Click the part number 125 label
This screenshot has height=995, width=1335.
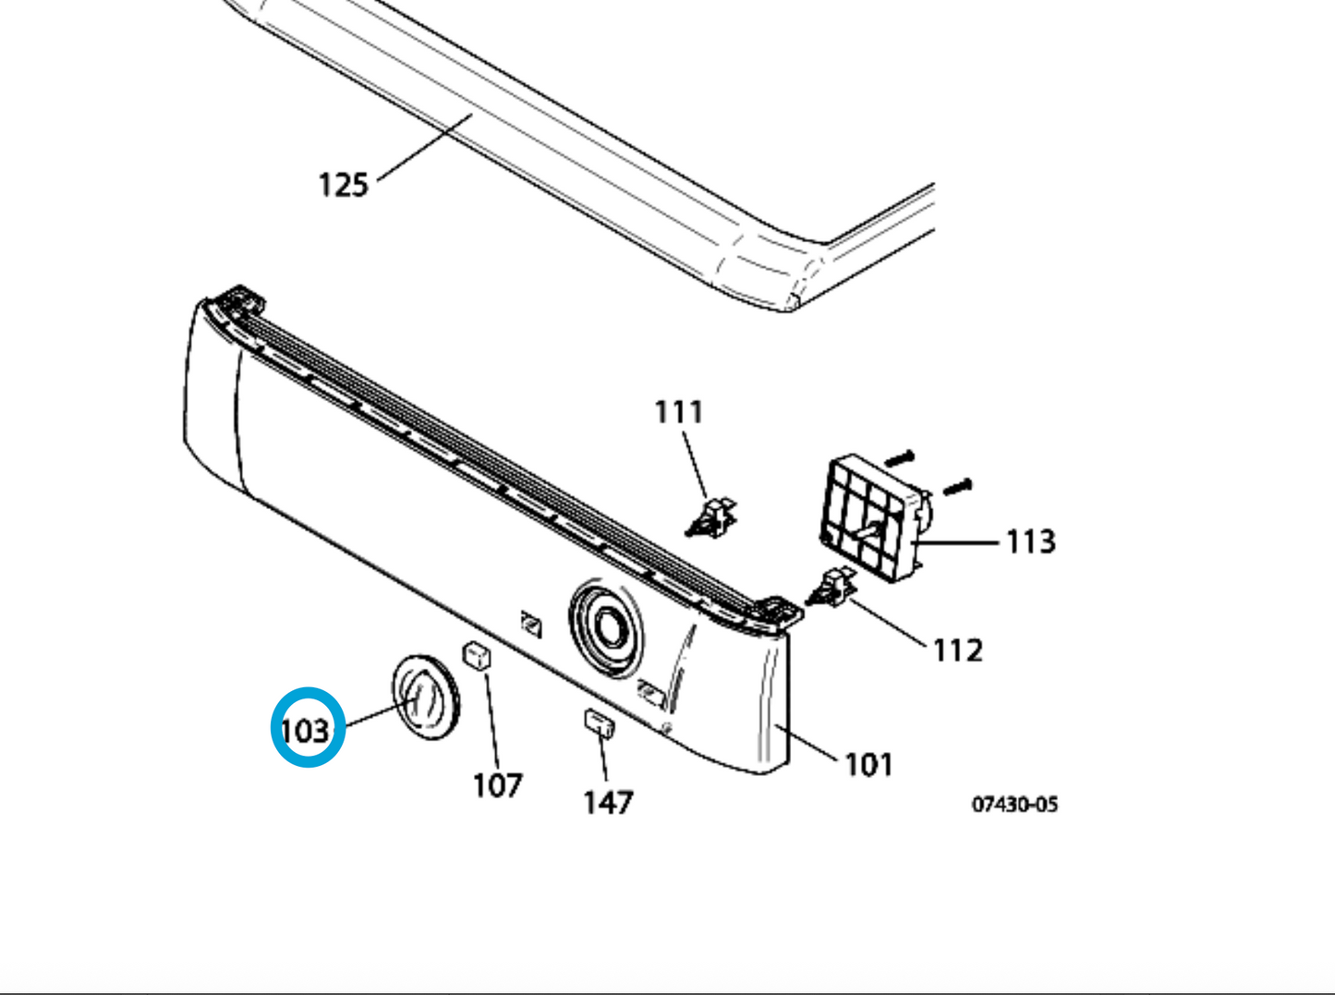[x=343, y=185]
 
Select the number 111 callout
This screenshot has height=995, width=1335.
[x=678, y=411]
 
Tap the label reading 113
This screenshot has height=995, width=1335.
[x=1029, y=541]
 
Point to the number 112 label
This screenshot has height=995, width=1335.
[x=957, y=650]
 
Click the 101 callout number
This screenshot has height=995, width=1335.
[x=868, y=765]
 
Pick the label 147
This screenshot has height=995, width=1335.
[x=608, y=802]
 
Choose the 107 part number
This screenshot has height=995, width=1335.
[x=497, y=785]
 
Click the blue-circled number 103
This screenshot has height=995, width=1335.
[x=307, y=730]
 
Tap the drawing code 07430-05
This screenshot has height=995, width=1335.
[x=1013, y=804]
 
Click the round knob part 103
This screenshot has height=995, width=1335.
[x=426, y=698]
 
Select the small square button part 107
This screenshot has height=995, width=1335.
[x=477, y=657]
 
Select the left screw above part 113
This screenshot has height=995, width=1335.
[x=899, y=457]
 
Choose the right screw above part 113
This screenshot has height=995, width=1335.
[x=956, y=484]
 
